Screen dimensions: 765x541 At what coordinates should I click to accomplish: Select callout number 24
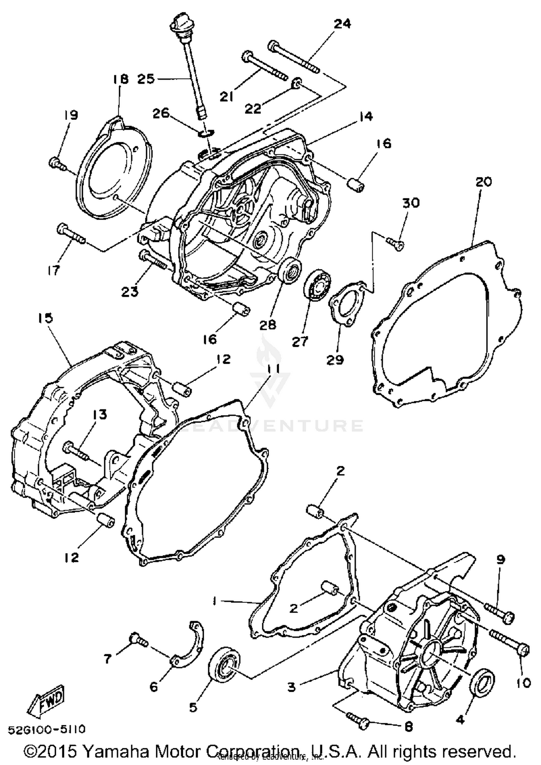tap(342, 24)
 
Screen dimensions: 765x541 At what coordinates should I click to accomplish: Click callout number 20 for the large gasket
tap(483, 182)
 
